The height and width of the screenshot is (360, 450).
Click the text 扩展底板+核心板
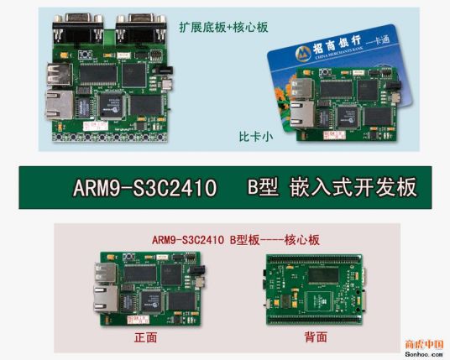click(x=222, y=26)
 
